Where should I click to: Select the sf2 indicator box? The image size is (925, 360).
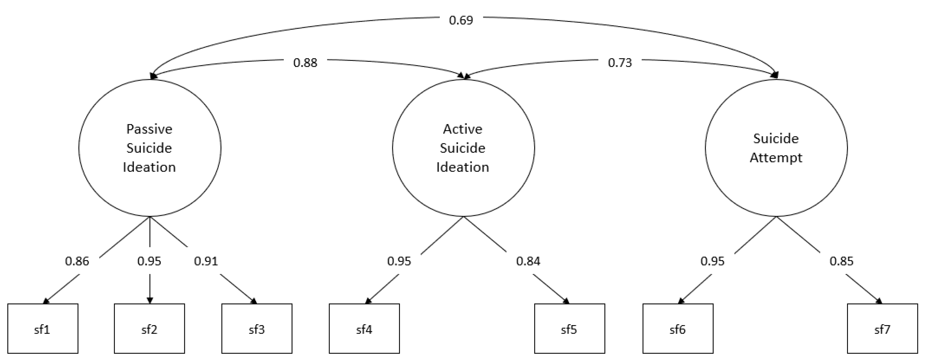[x=149, y=328]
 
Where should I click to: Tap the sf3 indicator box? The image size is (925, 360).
[x=257, y=328]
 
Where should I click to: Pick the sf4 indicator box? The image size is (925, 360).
[x=364, y=328]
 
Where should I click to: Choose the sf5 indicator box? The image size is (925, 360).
[x=569, y=328]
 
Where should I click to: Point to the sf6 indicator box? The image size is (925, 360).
[x=678, y=328]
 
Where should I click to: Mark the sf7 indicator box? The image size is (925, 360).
[x=882, y=328]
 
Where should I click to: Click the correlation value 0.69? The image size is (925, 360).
[x=461, y=20]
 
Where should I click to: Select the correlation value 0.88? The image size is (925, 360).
[x=305, y=63]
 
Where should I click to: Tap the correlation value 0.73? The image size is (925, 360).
[x=620, y=63]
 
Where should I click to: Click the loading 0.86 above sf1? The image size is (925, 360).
[x=77, y=261]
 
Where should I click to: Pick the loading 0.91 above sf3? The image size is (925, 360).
[x=206, y=261]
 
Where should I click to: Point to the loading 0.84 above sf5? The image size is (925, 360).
[x=528, y=261]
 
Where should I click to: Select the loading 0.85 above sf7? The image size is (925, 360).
[x=841, y=261]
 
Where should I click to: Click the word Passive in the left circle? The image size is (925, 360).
[x=149, y=129]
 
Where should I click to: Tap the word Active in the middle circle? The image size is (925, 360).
[x=462, y=129]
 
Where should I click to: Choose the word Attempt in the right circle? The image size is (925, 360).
[x=776, y=158]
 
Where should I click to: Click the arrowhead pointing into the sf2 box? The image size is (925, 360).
[x=150, y=300]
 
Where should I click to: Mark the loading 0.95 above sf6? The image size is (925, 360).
[x=712, y=261]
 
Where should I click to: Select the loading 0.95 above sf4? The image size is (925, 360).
[x=399, y=261]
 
